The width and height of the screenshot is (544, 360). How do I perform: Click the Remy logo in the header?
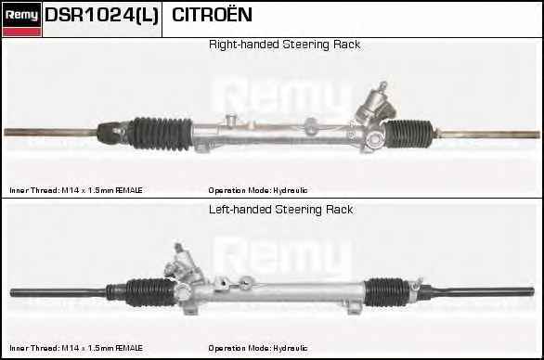(x=21, y=19)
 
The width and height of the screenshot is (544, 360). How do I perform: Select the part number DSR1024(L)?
(x=102, y=15)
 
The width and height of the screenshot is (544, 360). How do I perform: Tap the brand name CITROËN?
(x=212, y=14)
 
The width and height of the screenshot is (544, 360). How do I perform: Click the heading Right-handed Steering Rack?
(x=284, y=45)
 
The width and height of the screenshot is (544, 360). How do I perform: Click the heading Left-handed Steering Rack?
(x=280, y=210)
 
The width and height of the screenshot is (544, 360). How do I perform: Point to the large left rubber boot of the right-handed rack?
(x=161, y=134)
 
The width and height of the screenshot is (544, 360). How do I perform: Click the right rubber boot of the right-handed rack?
(x=409, y=134)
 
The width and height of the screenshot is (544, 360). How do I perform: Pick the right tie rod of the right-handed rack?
(x=487, y=135)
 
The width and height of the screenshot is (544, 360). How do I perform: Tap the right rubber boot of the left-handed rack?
(x=387, y=292)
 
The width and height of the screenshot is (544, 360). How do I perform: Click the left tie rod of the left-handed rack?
(x=59, y=292)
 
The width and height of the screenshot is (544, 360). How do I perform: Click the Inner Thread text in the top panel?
(x=76, y=190)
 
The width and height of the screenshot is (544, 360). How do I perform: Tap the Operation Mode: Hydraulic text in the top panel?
(x=258, y=190)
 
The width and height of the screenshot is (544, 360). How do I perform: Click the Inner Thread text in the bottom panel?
(x=76, y=348)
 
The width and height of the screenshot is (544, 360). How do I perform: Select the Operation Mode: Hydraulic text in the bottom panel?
(x=258, y=348)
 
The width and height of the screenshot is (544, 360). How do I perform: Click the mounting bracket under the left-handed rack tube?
(x=354, y=308)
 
